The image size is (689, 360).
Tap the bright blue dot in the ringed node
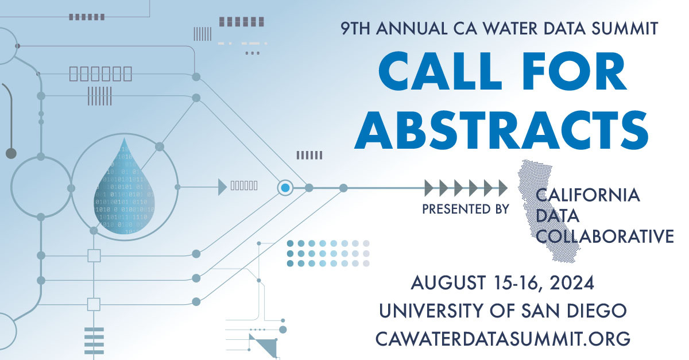pyautogui.click(x=285, y=187)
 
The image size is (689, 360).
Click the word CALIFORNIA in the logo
pyautogui.click(x=587, y=195)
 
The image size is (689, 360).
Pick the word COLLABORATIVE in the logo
pyautogui.click(x=605, y=236)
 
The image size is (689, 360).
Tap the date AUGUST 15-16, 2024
pyautogui.click(x=502, y=283)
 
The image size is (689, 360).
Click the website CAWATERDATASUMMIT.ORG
pyautogui.click(x=503, y=338)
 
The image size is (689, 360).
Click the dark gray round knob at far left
pyautogui.click(x=10, y=153)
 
